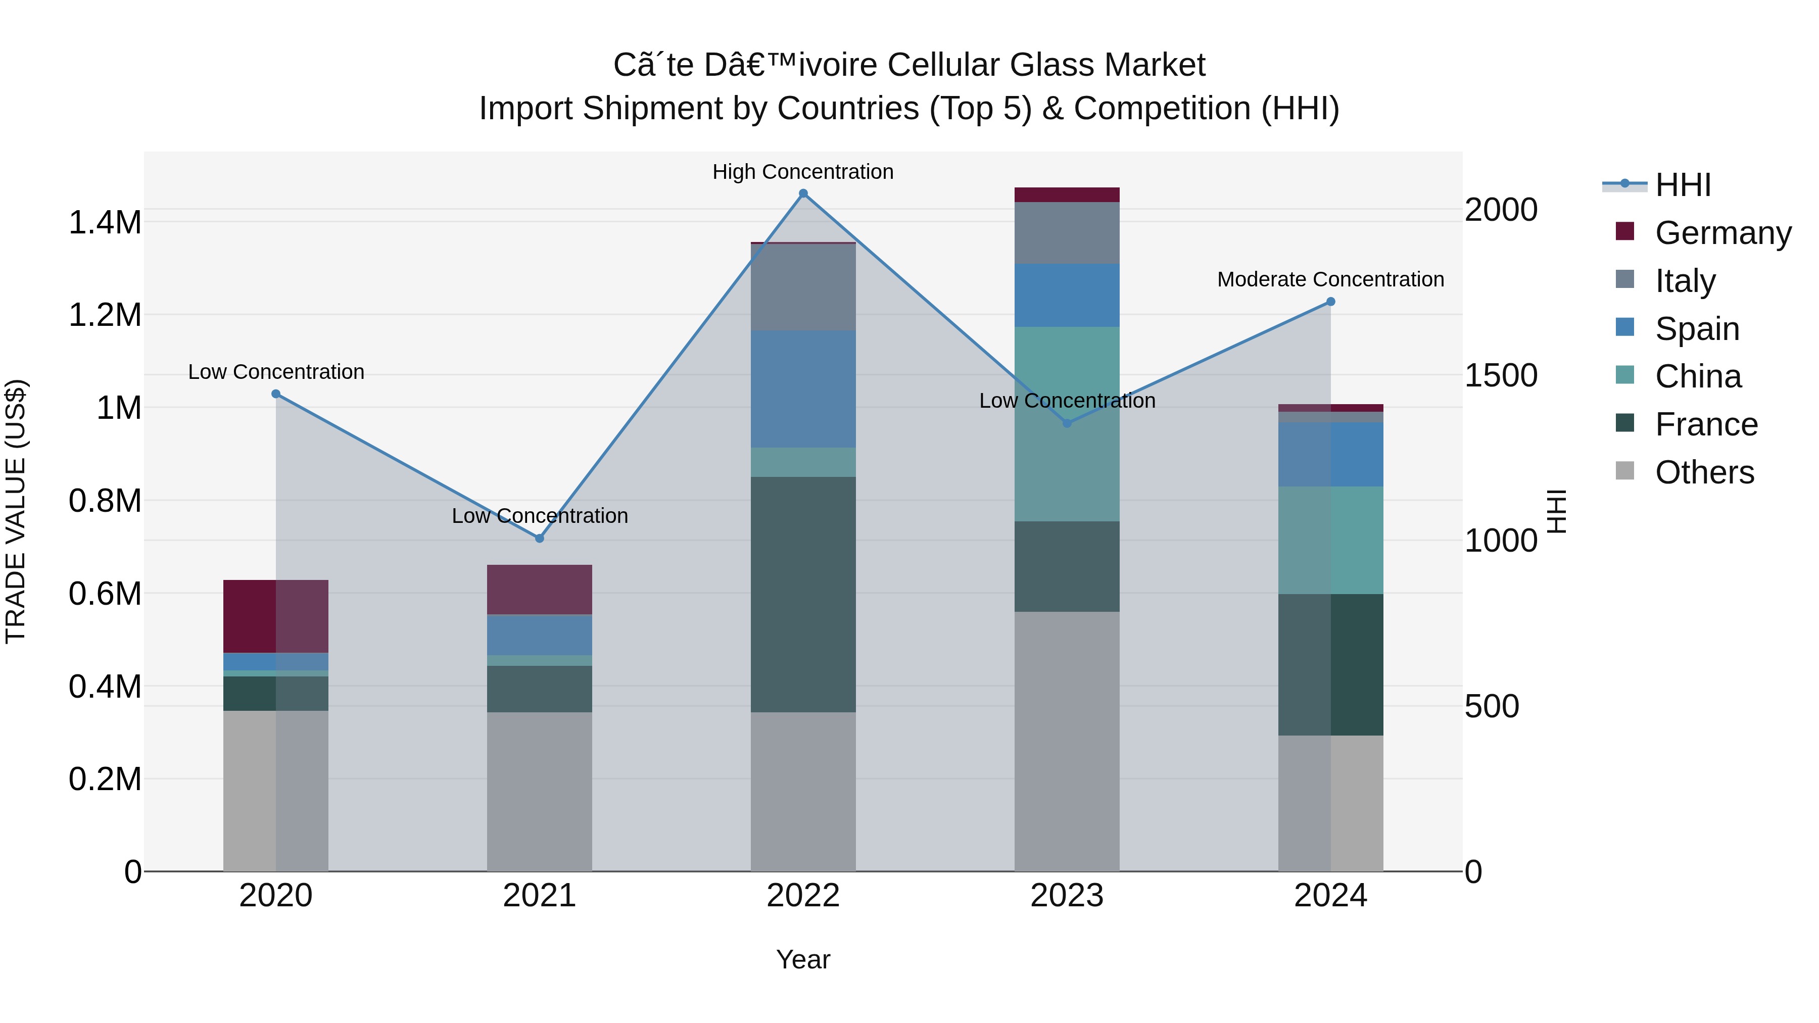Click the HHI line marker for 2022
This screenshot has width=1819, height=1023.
[803, 193]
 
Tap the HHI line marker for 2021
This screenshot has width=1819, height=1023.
[540, 538]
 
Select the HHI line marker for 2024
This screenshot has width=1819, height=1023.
[1330, 302]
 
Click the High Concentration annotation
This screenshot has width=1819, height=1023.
[803, 172]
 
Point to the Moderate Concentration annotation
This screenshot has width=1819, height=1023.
[1330, 279]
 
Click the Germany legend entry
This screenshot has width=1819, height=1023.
[1722, 233]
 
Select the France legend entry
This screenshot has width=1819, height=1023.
[1706, 424]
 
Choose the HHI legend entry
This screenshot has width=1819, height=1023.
[1682, 185]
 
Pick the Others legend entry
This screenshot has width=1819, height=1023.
[1704, 472]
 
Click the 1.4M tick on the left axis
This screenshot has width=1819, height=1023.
[105, 222]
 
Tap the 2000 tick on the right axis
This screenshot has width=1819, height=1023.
[1501, 210]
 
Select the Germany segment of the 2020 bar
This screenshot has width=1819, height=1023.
[275, 616]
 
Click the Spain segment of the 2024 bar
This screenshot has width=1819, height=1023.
[1330, 454]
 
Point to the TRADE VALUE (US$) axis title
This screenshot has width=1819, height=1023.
[16, 511]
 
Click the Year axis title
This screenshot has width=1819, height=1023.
[803, 959]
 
